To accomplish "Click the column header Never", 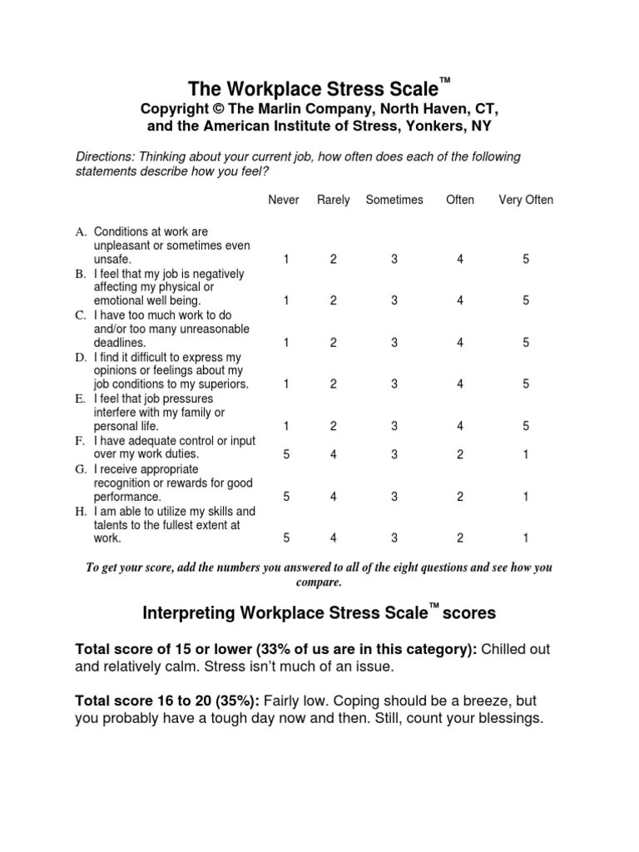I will tap(284, 200).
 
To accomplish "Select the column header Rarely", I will tap(334, 200).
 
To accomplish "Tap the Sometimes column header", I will tap(394, 200).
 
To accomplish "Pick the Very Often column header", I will tap(526, 200).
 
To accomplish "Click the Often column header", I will tap(460, 200).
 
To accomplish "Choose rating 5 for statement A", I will tap(526, 260).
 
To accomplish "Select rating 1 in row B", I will tap(286, 301).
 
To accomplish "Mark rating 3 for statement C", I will tap(394, 343).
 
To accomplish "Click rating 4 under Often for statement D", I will tap(460, 384).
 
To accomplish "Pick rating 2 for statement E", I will tap(334, 426).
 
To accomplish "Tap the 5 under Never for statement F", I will tap(286, 455).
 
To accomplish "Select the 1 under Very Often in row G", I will tap(526, 497).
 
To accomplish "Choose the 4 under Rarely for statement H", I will tap(334, 538).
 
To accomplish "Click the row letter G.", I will tap(81, 469).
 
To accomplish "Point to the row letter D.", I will tap(81, 357).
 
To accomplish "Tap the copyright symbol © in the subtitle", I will tap(215, 110).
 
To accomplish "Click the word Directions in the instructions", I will tap(106, 157).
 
